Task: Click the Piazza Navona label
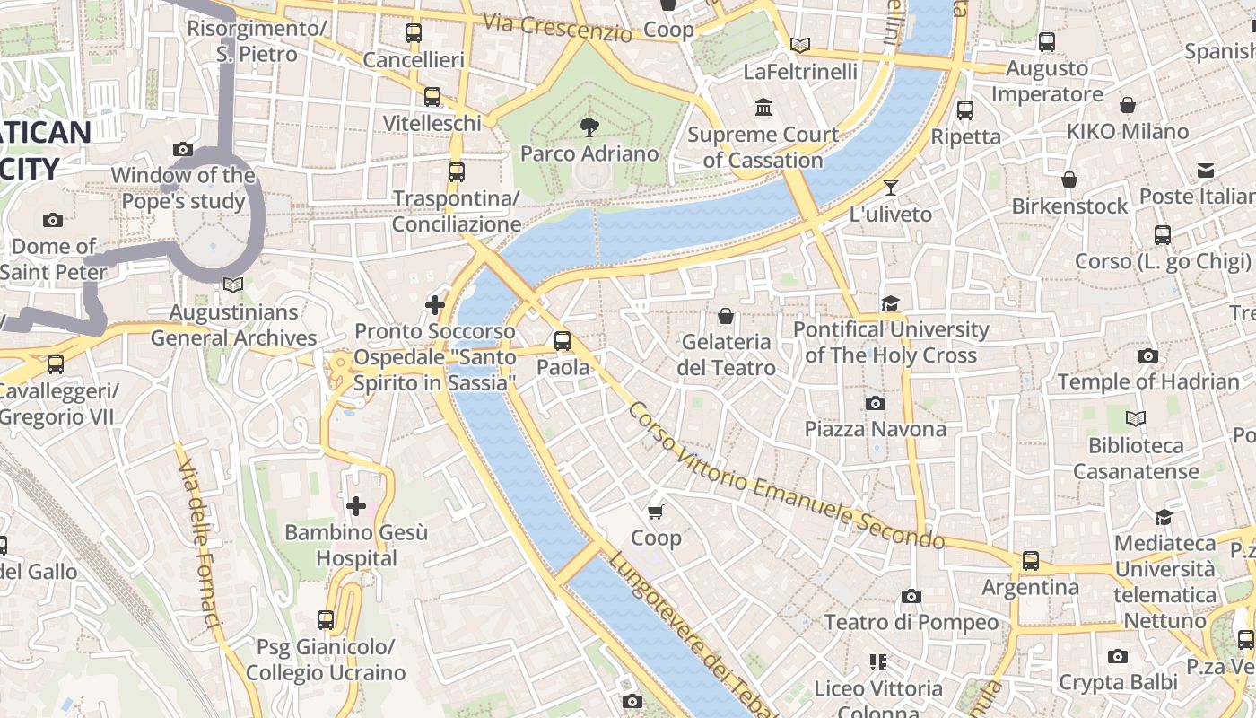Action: click(x=875, y=429)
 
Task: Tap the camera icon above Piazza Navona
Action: click(x=876, y=404)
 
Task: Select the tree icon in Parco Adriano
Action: click(x=589, y=127)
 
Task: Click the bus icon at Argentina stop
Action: click(x=1030, y=561)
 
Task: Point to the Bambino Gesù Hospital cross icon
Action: click(x=356, y=506)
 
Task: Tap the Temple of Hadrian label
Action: click(x=1147, y=381)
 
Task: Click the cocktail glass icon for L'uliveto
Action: click(x=890, y=188)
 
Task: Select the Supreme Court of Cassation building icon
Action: click(x=763, y=108)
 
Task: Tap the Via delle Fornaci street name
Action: click(x=199, y=544)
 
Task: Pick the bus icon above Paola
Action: click(x=563, y=341)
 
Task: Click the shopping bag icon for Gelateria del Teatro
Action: click(x=725, y=316)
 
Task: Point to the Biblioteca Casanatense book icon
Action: click(x=1136, y=418)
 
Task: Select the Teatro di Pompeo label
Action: click(x=911, y=622)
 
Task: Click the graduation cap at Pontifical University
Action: click(x=890, y=303)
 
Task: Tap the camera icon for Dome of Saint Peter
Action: click(x=53, y=220)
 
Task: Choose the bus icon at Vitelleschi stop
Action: click(x=432, y=96)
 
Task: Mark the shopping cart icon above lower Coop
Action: click(x=656, y=512)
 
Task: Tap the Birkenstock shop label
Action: click(x=1069, y=206)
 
